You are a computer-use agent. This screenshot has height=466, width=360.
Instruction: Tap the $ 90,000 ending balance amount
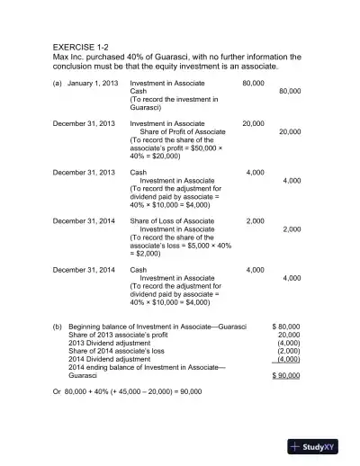285,375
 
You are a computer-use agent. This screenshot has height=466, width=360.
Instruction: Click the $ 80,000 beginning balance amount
285,327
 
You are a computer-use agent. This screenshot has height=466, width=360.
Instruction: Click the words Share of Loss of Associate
172,220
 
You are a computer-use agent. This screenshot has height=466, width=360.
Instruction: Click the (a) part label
58,83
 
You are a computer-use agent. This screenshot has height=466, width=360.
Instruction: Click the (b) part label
58,327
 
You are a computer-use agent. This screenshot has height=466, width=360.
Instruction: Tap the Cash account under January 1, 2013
139,92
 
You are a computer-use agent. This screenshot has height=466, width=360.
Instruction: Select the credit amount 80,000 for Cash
290,92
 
